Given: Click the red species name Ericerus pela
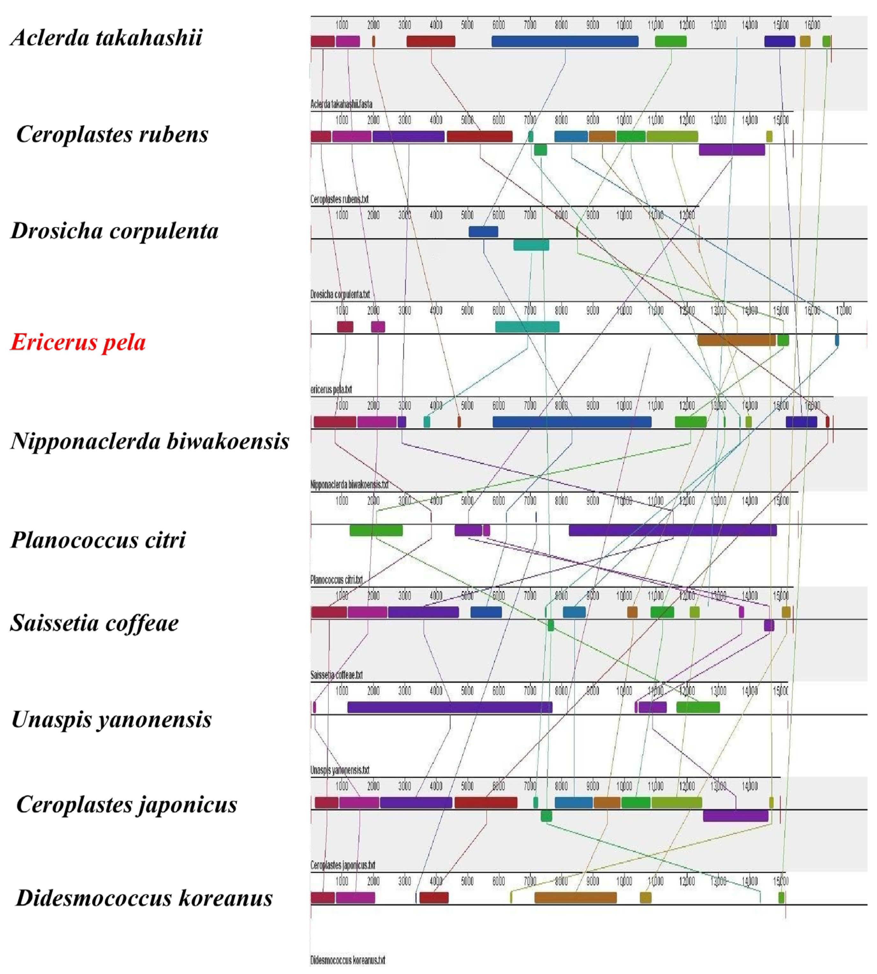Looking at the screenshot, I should (x=78, y=342).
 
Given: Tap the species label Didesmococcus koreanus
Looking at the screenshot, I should (x=144, y=898).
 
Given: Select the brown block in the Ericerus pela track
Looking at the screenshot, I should (x=736, y=340).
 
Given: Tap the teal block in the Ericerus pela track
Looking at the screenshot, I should (x=527, y=327).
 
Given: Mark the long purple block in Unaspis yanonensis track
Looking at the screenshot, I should (x=449, y=707).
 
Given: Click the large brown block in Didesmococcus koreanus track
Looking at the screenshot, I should (x=575, y=897).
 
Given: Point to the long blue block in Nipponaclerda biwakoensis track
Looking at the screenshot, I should (x=572, y=422).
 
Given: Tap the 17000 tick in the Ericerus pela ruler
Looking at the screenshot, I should (x=843, y=310).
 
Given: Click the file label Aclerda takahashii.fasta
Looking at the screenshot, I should (x=341, y=104).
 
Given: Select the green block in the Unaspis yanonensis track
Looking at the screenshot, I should (x=698, y=707).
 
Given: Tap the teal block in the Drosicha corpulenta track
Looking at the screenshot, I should (x=531, y=245).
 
